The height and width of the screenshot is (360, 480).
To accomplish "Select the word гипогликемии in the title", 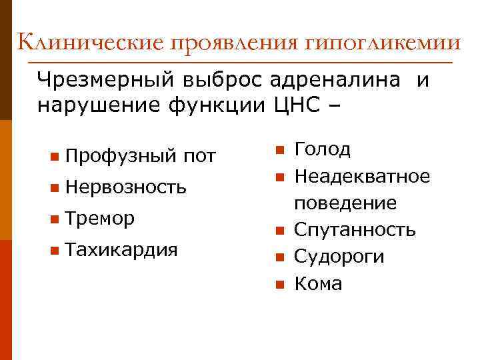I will tap(384, 44).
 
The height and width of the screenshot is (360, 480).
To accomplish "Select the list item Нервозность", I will tap(127, 187).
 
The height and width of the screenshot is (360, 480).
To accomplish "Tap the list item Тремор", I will tap(101, 218).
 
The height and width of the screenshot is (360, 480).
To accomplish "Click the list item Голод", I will tap(322, 149).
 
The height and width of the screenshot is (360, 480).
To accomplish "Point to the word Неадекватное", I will tap(362, 176).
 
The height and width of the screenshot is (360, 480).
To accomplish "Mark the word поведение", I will tap(345, 203).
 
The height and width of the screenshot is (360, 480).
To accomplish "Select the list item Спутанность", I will tap(355, 230).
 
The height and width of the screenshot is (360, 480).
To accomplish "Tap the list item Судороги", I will tap(339, 257).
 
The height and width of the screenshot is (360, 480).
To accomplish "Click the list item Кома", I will tap(318, 283).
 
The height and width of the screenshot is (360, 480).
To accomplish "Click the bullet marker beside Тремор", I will tap(53, 219).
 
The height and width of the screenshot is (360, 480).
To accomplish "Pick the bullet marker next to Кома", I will tap(280, 285).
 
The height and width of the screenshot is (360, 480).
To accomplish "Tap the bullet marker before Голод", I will tap(280, 149).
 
